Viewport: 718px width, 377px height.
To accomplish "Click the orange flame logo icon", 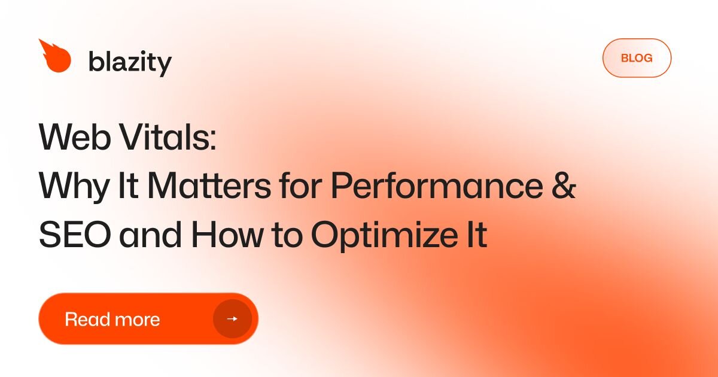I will tap(55, 57).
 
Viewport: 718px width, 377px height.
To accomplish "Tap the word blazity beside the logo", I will tap(130, 62).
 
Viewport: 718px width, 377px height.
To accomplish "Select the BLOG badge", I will tap(637, 58).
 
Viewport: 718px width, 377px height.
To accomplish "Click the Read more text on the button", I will tap(112, 319).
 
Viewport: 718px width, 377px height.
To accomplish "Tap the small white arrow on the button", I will tap(232, 319).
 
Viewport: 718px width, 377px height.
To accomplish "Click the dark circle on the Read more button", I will tap(232, 319).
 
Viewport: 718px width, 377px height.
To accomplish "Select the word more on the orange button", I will tap(138, 319).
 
